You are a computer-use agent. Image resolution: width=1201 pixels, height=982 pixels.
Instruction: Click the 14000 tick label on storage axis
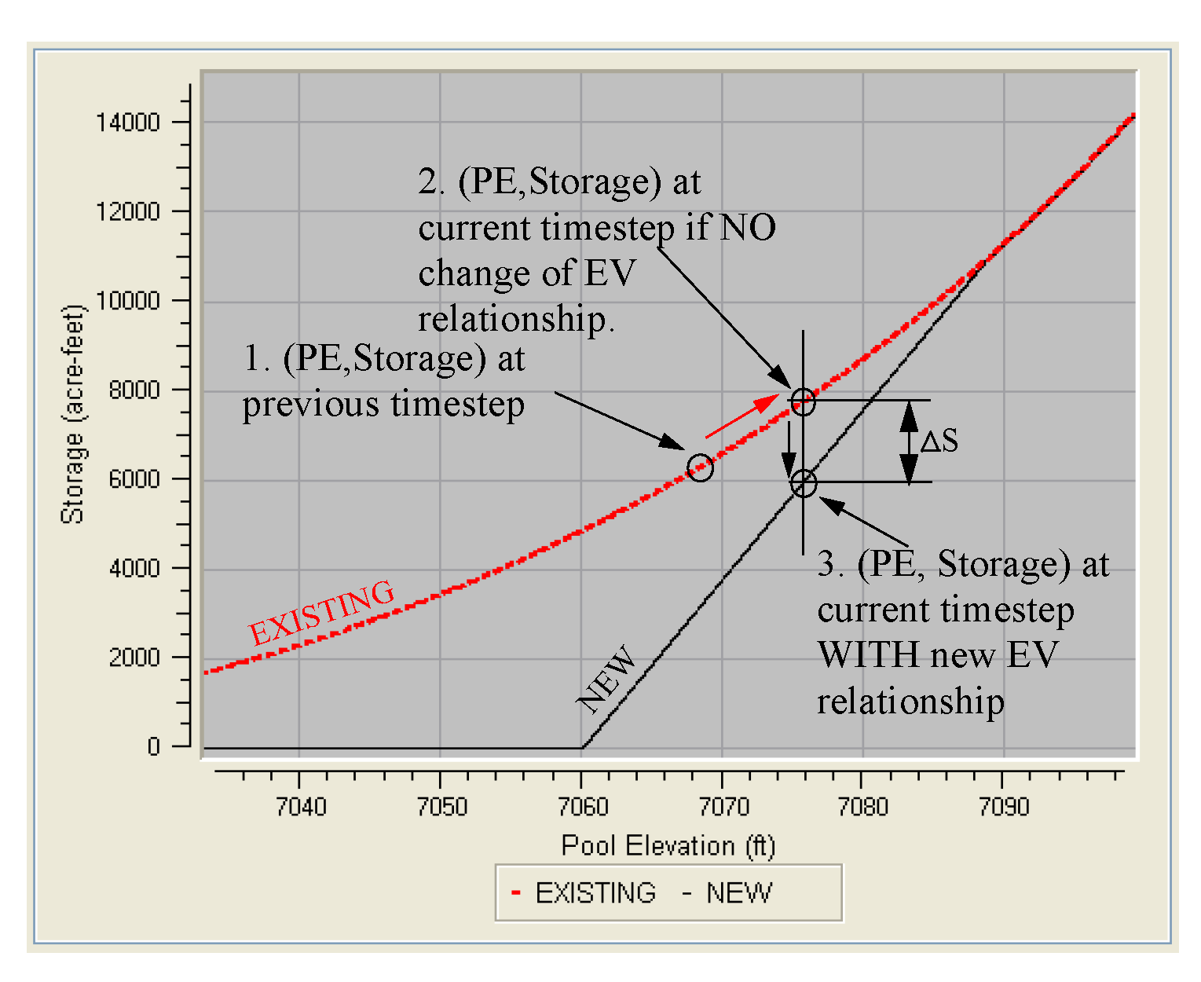[x=127, y=123]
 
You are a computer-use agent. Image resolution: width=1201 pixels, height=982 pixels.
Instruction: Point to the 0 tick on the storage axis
[x=154, y=746]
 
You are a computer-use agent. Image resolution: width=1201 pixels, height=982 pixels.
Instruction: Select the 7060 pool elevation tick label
[x=582, y=807]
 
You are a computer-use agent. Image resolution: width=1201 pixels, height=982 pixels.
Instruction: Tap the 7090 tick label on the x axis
[x=1003, y=807]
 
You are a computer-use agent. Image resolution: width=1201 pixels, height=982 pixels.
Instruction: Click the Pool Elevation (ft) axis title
[x=668, y=845]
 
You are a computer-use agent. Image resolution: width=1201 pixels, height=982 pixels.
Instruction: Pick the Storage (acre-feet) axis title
[x=72, y=414]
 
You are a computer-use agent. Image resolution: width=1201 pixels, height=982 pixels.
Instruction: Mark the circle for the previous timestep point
[x=700, y=467]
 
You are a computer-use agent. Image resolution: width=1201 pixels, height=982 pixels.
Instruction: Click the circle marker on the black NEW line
[x=803, y=484]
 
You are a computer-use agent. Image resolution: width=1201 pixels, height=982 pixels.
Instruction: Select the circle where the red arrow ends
[x=802, y=401]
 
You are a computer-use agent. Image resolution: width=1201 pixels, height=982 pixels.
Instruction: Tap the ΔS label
[x=939, y=442]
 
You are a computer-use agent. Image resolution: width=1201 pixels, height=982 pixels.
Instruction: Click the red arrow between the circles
[x=741, y=416]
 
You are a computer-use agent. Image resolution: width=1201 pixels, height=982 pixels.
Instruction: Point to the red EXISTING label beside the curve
[x=321, y=612]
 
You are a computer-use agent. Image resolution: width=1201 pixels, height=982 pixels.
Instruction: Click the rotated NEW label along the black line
[x=607, y=680]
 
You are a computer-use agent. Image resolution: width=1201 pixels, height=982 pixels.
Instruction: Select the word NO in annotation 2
[x=748, y=228]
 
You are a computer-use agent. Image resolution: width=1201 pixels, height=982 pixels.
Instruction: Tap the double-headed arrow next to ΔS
[x=909, y=442]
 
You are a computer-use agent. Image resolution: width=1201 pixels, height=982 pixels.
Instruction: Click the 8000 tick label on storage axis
[x=134, y=390]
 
